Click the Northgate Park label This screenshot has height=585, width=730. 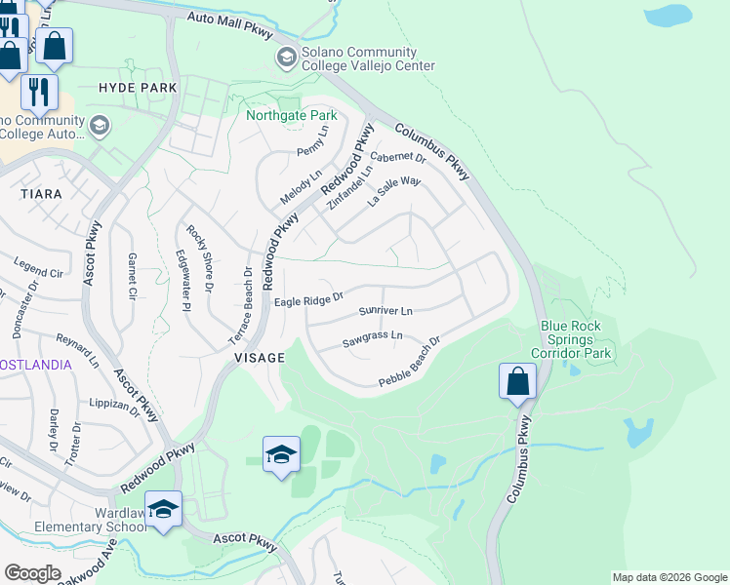(291, 115)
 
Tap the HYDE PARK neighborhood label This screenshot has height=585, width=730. (138, 88)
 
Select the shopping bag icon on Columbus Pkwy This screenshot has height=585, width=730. (517, 381)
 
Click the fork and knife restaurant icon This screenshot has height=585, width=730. (39, 92)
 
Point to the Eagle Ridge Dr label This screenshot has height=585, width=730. (308, 300)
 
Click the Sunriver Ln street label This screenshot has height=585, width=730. (385, 311)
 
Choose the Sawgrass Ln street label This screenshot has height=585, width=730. (373, 337)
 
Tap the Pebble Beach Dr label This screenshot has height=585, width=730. (409, 360)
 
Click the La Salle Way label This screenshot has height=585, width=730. (393, 191)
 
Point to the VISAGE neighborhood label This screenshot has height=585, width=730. (260, 358)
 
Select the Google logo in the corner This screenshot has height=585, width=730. (32, 573)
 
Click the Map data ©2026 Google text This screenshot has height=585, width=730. (669, 577)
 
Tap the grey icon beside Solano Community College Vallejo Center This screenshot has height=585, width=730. (286, 58)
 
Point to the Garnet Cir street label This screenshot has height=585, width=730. (132, 277)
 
